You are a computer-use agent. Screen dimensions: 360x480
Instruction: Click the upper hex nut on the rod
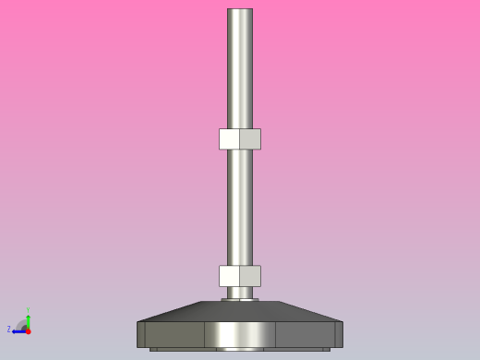tap(240, 138)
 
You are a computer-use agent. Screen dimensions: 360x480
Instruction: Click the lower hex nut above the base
tap(240, 276)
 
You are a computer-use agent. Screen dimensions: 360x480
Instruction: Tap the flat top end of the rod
tap(240, 10)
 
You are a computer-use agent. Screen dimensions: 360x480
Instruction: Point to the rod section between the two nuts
tap(240, 208)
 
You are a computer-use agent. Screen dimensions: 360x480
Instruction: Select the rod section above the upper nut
tap(240, 69)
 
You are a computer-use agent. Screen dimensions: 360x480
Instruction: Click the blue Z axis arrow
tap(19, 330)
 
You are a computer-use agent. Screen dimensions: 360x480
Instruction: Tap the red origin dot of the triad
tap(28, 330)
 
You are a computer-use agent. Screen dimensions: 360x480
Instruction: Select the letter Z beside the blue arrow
tap(9, 330)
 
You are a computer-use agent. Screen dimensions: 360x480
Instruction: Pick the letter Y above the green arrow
tap(28, 311)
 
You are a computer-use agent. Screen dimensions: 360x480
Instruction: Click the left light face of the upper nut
tap(229, 138)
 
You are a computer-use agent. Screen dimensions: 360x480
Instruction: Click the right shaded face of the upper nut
tap(250, 138)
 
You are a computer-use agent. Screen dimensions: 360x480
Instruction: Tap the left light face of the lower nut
tap(229, 276)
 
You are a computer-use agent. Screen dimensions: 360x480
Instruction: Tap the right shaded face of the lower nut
tap(250, 276)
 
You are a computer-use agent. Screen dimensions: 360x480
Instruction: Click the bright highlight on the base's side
tap(240, 334)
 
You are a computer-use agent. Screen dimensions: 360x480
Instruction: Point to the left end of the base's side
tap(142, 334)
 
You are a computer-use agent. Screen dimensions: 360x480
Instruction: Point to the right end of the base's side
tap(338, 334)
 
